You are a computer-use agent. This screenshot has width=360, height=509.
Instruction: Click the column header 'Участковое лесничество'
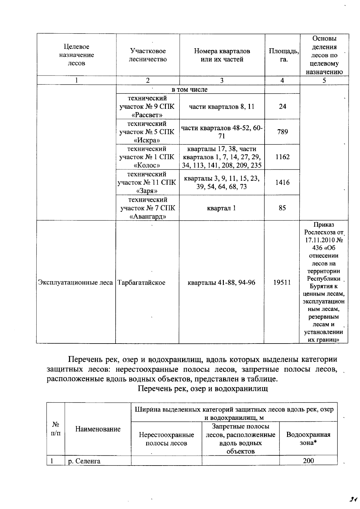(x=148, y=55)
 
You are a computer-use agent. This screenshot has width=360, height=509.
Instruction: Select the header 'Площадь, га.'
(x=282, y=55)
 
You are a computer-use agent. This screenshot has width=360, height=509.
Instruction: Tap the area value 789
(x=282, y=132)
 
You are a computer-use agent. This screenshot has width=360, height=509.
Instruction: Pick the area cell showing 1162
(x=282, y=157)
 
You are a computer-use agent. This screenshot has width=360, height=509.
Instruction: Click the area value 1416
(x=282, y=182)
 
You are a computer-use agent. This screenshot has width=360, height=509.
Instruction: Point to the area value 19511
(x=282, y=282)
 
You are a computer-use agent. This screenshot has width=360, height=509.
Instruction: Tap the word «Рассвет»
(x=147, y=115)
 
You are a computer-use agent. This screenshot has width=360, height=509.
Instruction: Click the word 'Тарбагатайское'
(x=141, y=282)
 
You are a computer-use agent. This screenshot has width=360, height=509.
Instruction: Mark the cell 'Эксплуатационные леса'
(x=76, y=282)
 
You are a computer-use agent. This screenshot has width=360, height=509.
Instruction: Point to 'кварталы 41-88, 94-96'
(x=221, y=282)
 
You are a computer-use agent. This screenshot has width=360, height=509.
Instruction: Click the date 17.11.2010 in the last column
(x=320, y=240)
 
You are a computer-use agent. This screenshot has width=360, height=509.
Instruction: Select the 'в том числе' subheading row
(x=189, y=89)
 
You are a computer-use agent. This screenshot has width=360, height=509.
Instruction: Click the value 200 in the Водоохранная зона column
(x=308, y=461)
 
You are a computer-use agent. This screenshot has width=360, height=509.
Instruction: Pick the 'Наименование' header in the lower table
(x=98, y=429)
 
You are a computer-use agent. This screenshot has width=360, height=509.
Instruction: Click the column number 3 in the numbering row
(x=222, y=80)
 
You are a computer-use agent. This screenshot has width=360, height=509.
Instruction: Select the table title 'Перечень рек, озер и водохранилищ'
(x=203, y=389)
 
